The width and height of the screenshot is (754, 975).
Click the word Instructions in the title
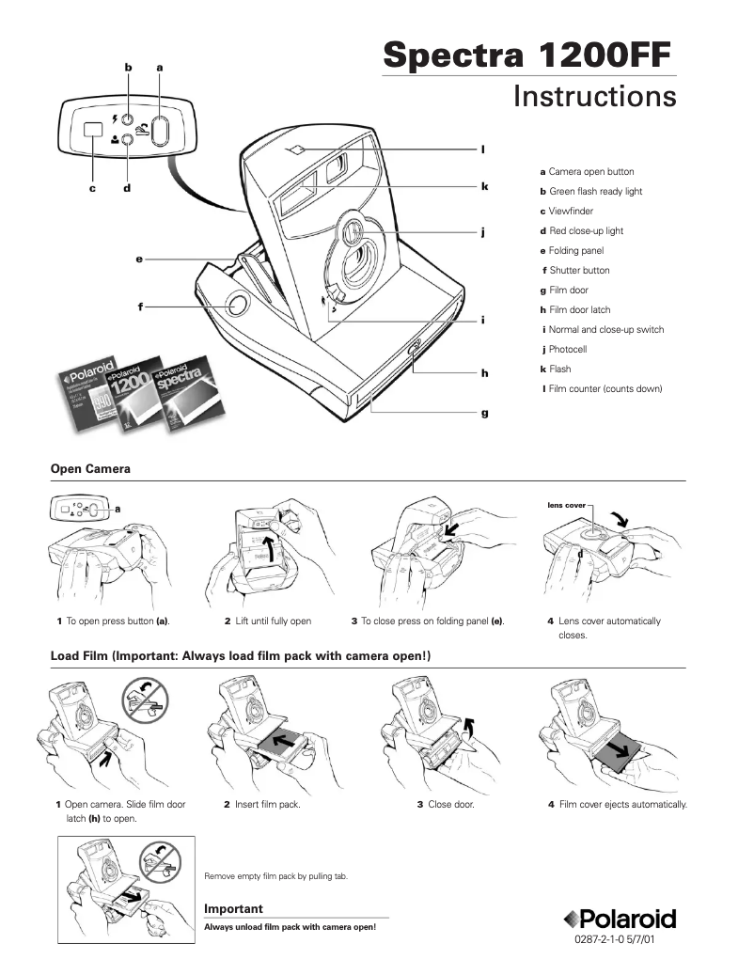click(x=594, y=97)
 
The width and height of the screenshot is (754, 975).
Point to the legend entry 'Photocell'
click(x=568, y=349)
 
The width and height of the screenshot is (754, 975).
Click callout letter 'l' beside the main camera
click(x=482, y=149)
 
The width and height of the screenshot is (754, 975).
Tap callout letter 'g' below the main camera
click(x=485, y=413)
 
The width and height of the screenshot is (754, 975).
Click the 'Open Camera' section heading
click(x=89, y=468)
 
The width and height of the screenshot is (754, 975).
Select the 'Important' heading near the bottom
click(x=233, y=908)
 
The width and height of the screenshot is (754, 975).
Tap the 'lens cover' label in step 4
click(x=566, y=505)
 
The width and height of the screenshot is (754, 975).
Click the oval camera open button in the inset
click(x=160, y=132)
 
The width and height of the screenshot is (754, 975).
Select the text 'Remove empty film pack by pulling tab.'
click(x=276, y=876)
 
